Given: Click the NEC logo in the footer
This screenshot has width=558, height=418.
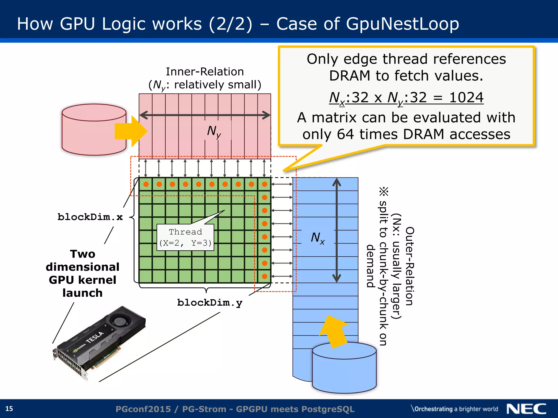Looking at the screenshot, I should click(526, 409).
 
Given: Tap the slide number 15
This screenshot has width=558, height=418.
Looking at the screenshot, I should click(9, 409).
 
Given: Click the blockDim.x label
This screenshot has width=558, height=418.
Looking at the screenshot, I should click(90, 217).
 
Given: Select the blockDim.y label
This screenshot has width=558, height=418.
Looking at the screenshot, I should click(210, 303).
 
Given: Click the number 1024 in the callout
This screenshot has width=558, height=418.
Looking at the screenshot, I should click(466, 97).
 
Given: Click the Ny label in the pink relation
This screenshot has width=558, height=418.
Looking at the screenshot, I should click(214, 131).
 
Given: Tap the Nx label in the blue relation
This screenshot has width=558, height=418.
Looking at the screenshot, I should click(318, 238).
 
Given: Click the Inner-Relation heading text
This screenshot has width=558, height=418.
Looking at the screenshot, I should click(205, 72).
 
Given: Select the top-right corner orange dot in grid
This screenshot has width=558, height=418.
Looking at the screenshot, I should click(265, 184).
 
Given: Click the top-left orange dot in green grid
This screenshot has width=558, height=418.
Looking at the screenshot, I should click(146, 184).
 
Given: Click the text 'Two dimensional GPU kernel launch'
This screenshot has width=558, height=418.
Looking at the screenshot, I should click(83, 273).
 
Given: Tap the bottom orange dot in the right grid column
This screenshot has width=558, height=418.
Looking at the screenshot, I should click(265, 276).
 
